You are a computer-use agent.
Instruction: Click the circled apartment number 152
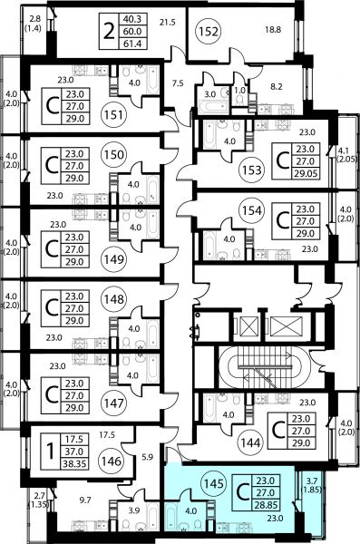tap(209, 32)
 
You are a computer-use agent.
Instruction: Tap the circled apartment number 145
tap(214, 483)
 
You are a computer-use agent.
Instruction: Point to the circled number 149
tap(114, 258)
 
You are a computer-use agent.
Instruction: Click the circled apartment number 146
tap(112, 461)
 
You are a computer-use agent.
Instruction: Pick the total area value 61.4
tap(131, 44)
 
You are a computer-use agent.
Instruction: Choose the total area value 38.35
tap(74, 463)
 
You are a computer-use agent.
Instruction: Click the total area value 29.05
tap(306, 173)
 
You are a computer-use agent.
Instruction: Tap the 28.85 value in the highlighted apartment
tap(266, 505)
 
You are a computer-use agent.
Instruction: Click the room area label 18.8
tap(273, 30)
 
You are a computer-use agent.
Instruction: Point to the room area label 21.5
tap(168, 23)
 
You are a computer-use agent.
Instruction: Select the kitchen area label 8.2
tap(277, 86)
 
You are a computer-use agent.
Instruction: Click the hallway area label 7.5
tap(178, 83)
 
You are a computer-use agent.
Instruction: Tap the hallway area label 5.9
tap(148, 457)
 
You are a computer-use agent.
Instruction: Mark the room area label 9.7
tap(85, 500)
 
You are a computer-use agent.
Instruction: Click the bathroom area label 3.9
tap(133, 510)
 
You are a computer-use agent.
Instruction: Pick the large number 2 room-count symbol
tap(109, 32)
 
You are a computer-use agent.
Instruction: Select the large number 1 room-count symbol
tap(51, 452)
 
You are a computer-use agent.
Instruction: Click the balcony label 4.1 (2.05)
tap(347, 155)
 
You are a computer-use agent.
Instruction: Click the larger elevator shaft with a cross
tap(287, 326)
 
